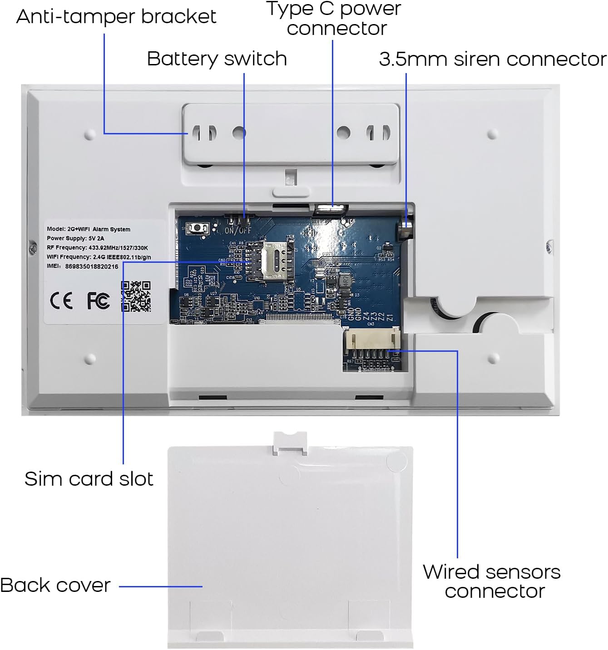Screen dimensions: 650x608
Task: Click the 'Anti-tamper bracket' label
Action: (116, 17)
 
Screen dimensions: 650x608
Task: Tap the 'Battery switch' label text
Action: (217, 59)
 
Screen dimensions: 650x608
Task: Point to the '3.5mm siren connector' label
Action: (492, 59)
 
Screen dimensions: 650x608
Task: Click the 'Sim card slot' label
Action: (89, 479)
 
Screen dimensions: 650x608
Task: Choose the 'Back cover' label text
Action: (55, 585)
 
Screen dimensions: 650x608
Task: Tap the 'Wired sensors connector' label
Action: (492, 581)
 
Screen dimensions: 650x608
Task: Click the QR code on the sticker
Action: (136, 296)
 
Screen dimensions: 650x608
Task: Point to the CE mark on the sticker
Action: (61, 300)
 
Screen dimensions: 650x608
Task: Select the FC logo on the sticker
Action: (98, 300)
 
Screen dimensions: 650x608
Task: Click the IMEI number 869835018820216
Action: (91, 266)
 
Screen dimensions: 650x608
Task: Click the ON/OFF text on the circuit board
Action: (238, 231)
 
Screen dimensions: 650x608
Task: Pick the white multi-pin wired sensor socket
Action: (372, 340)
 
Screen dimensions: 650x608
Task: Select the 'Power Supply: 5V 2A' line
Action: (75, 238)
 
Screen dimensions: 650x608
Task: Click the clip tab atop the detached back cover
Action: (290, 442)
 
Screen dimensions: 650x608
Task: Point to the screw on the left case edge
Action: (32, 247)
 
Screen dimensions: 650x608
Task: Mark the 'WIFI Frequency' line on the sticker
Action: (99, 257)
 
